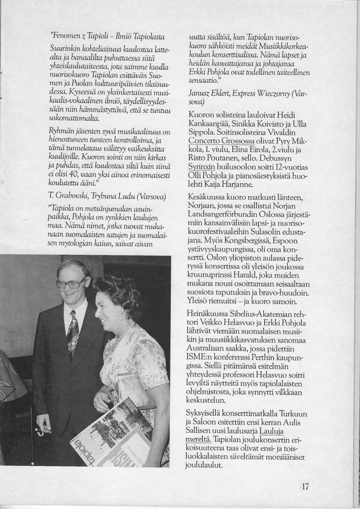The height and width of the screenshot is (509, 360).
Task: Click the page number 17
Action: point(305,486)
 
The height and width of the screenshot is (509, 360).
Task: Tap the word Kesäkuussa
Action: point(207,198)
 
